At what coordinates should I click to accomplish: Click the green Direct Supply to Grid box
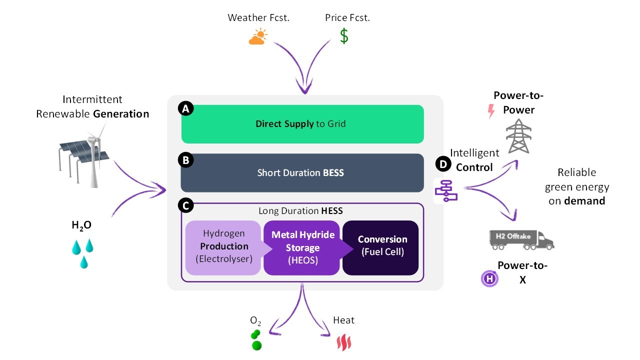[x=302, y=124]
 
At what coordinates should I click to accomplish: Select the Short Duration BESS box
[x=302, y=173]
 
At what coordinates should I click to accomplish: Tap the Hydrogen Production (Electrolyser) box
[x=223, y=247]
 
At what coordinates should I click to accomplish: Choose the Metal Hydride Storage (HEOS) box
[x=302, y=247]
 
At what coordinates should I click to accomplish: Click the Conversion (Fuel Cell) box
[x=380, y=247]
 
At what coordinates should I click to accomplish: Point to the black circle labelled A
[x=185, y=108]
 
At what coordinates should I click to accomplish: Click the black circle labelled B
[x=185, y=160]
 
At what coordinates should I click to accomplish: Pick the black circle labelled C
[x=185, y=205]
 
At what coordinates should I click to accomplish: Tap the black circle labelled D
[x=443, y=164]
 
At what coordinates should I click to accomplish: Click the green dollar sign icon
[x=344, y=36]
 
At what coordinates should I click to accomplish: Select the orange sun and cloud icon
[x=258, y=36]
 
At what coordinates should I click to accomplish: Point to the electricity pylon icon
[x=518, y=136]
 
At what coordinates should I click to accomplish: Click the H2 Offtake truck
[x=521, y=240]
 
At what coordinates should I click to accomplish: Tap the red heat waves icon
[x=344, y=342]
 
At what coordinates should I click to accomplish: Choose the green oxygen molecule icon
[x=256, y=340]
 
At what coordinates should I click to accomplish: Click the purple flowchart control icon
[x=446, y=190]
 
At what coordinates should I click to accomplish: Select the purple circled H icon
[x=489, y=278]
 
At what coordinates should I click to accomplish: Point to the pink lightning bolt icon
[x=491, y=111]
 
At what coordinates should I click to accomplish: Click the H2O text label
[x=81, y=225]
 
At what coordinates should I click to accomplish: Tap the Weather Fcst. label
[x=258, y=17]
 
